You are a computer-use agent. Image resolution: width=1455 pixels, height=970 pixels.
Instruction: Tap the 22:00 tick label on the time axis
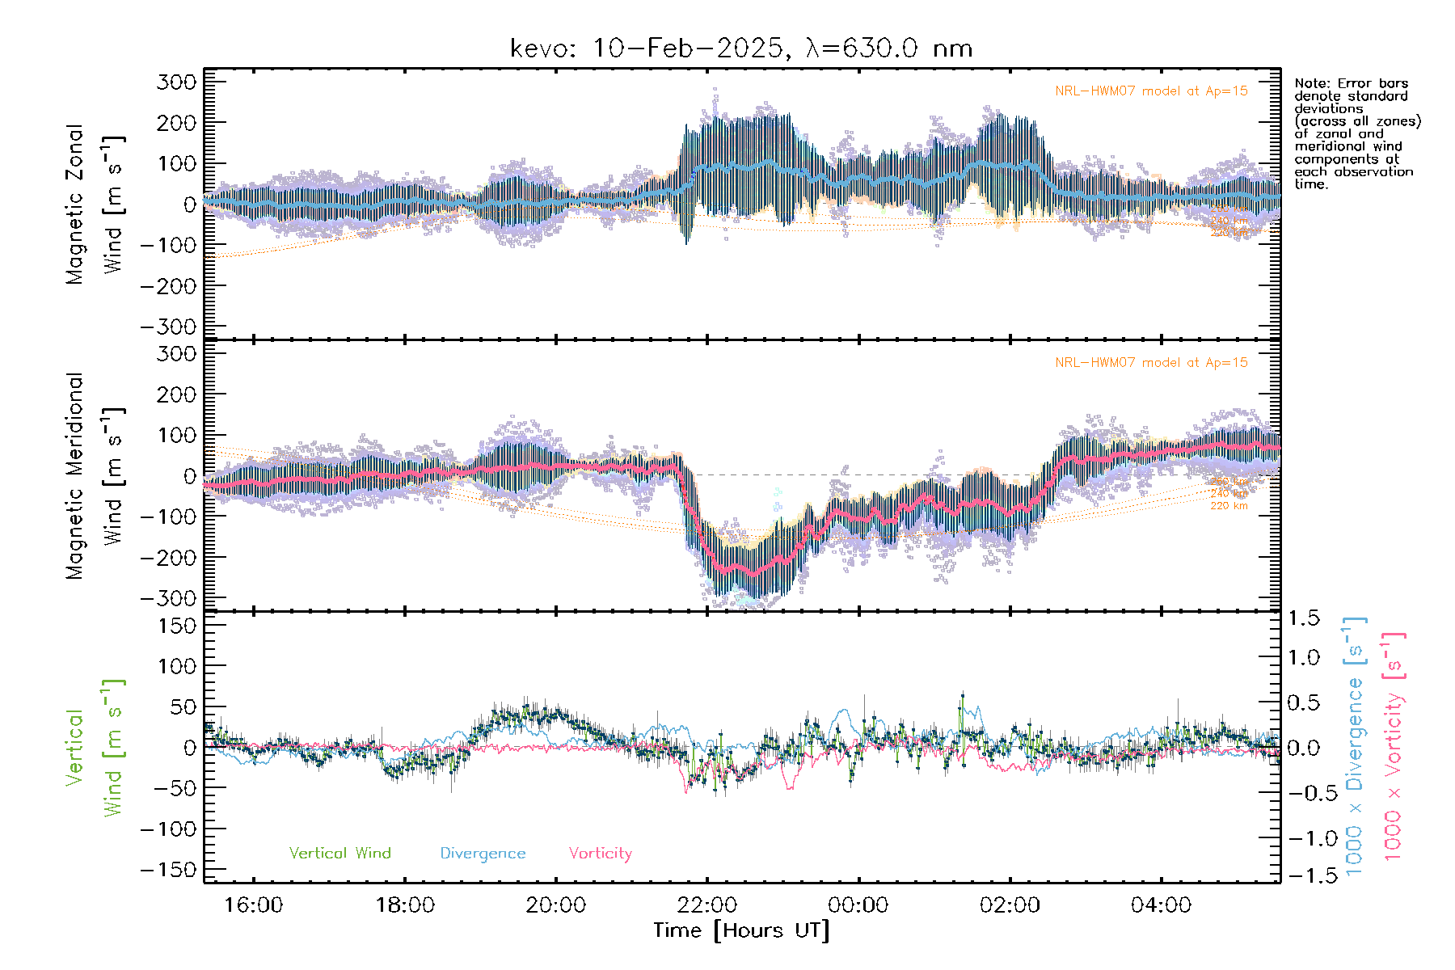tap(707, 905)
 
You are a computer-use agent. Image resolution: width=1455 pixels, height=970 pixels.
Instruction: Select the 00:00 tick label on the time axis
tap(858, 905)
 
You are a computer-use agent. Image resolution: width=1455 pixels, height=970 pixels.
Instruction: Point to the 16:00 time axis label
tap(254, 905)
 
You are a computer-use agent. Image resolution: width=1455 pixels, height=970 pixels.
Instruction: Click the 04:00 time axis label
tap(1161, 905)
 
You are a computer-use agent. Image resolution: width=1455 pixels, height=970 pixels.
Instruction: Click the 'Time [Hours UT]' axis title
tap(741, 930)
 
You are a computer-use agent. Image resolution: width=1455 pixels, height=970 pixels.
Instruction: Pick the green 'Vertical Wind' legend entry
tap(339, 853)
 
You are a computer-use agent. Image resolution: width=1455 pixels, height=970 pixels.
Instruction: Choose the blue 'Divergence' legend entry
tap(483, 853)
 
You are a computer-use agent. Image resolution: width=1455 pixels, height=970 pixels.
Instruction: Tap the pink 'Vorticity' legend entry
tap(600, 853)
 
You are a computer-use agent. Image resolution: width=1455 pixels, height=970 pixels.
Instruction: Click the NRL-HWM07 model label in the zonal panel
tap(1151, 91)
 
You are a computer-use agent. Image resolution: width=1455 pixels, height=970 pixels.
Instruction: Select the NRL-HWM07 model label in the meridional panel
tap(1151, 362)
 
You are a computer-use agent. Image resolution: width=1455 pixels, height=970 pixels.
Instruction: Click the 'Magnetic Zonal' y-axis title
tap(75, 205)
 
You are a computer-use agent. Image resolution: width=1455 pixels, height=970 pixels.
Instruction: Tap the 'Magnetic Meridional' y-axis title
tap(75, 476)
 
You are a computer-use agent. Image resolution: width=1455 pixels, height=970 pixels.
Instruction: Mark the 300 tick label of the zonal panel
tap(177, 82)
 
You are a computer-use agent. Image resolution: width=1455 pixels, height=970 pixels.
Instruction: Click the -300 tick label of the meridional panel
tap(169, 598)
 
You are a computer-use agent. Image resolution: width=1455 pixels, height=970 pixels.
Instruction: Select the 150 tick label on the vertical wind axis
tap(177, 626)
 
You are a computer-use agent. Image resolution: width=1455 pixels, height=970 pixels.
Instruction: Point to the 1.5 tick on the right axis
tap(1304, 618)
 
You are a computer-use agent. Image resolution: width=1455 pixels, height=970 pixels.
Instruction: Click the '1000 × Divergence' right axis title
tap(1354, 748)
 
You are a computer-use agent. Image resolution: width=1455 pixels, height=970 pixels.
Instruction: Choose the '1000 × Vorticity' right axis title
tap(1393, 748)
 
